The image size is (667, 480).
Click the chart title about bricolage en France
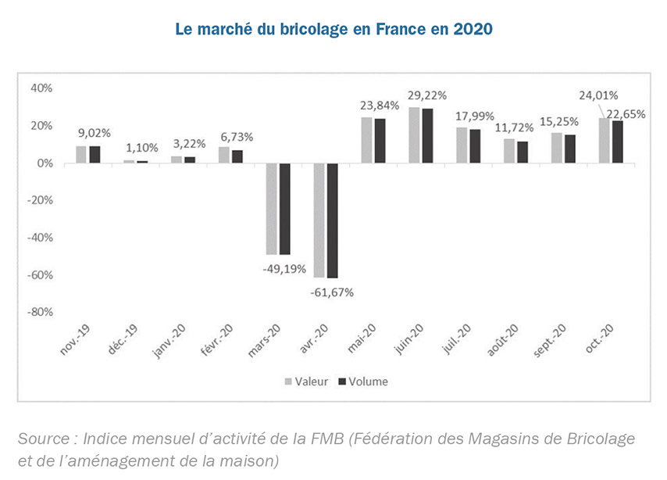coord(333,29)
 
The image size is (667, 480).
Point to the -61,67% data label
coord(332,292)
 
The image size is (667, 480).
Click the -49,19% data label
coord(284,268)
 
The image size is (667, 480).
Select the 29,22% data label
coord(426,95)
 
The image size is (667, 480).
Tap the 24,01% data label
coord(597,95)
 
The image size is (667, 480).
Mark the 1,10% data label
coord(141,147)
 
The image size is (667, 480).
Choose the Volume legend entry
coord(362,381)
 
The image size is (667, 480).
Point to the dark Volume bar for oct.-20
coord(618,141)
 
